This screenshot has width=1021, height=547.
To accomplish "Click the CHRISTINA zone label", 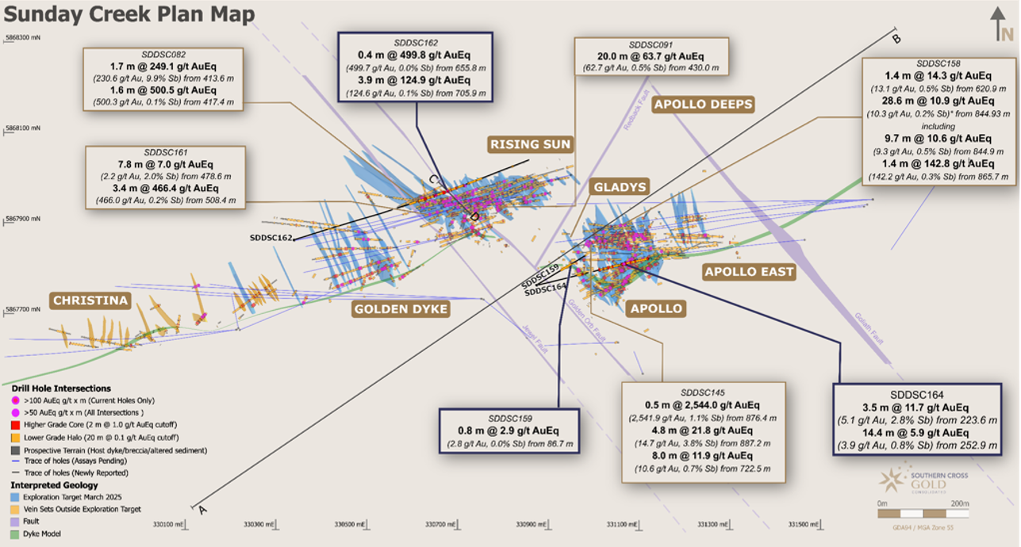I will [90, 300].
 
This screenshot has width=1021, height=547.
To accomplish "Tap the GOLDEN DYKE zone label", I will [401, 308].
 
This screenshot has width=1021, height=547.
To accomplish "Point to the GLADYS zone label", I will [620, 187].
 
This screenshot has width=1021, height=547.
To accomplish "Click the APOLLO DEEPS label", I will [702, 105].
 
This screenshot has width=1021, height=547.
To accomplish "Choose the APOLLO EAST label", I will [749, 272].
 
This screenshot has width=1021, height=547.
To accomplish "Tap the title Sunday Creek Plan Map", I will [130, 14].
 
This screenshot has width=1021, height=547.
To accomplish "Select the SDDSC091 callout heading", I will [651, 45].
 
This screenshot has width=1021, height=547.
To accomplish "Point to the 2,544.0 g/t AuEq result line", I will [703, 404].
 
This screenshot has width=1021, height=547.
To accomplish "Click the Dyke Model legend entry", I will [39, 534].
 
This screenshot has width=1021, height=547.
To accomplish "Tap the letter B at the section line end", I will [897, 40].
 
